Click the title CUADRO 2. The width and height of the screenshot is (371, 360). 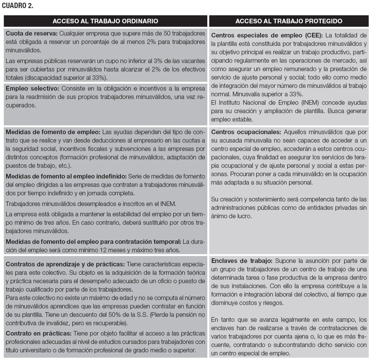[x=17, y=5]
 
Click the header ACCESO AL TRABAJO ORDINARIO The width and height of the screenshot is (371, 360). [x=105, y=21]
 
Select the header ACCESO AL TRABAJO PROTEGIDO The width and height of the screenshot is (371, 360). [x=289, y=21]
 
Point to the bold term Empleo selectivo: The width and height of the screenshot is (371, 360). [x=31, y=89]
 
